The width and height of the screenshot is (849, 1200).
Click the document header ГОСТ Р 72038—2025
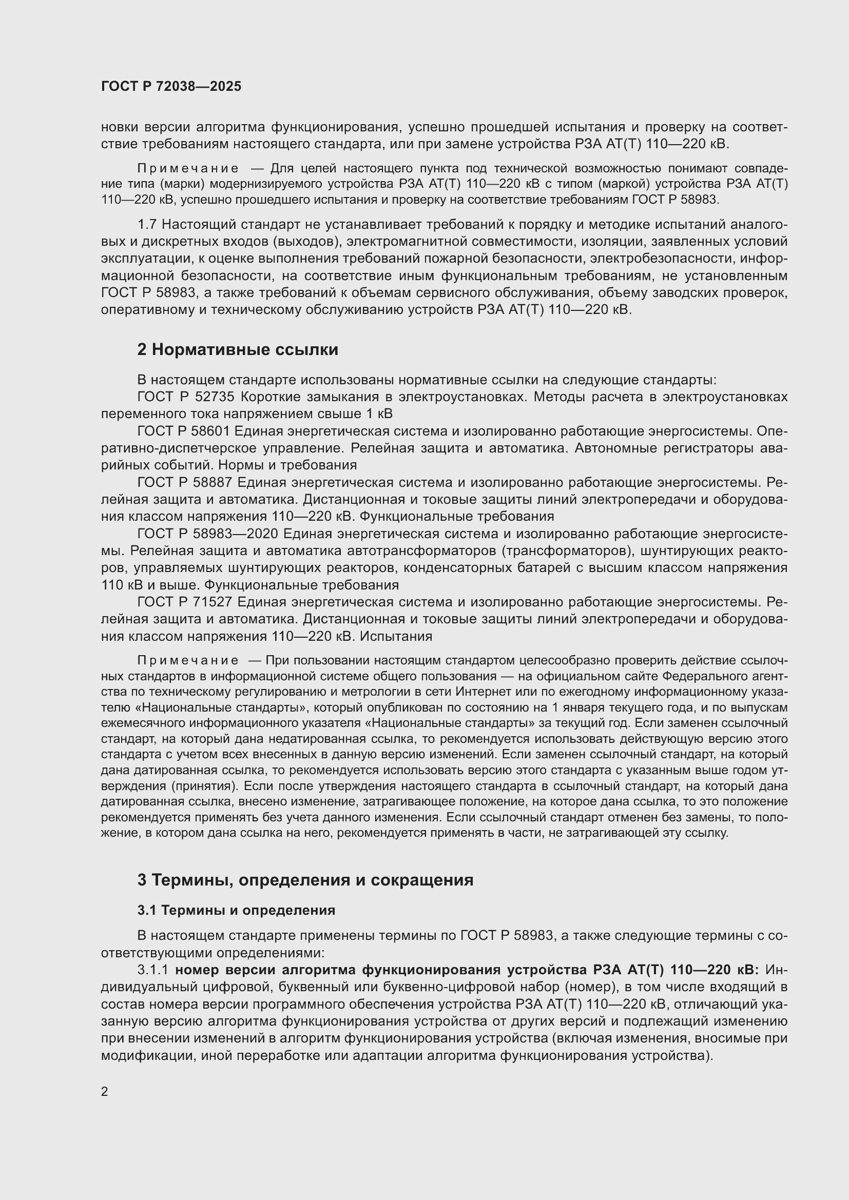tap(171, 87)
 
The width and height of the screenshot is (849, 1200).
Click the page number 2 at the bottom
tap(105, 1091)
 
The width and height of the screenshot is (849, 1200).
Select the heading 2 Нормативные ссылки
tap(237, 350)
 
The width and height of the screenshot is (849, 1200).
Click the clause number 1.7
tap(147, 225)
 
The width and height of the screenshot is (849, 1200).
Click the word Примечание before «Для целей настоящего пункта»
tap(188, 168)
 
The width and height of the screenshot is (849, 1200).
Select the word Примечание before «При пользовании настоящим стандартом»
tap(188, 661)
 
